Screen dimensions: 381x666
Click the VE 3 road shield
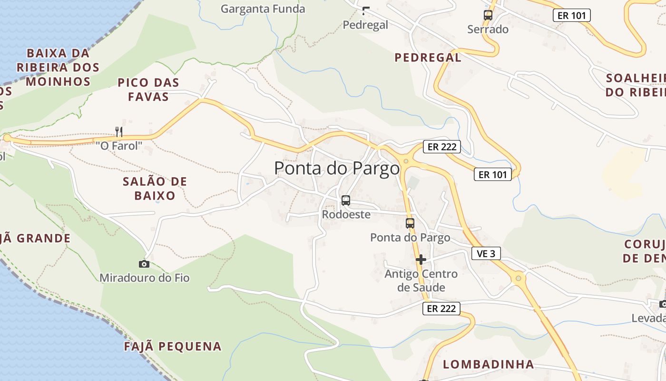pyautogui.click(x=486, y=254)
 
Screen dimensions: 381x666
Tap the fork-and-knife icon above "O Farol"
pyautogui.click(x=119, y=132)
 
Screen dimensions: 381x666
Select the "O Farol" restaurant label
pyautogui.click(x=119, y=145)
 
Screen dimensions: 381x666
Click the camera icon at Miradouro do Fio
pyautogui.click(x=144, y=264)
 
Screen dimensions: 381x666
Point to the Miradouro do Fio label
pyautogui.click(x=145, y=277)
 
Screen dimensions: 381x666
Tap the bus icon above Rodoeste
pyautogui.click(x=346, y=201)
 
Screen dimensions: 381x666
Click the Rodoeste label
pyautogui.click(x=346, y=214)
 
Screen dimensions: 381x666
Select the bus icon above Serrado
pyautogui.click(x=488, y=15)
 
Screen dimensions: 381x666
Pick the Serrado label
pyautogui.click(x=488, y=29)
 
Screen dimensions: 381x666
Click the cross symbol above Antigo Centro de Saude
pyautogui.click(x=421, y=260)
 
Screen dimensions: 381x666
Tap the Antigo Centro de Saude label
pyautogui.click(x=421, y=281)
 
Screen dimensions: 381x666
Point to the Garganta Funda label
pyautogui.click(x=263, y=9)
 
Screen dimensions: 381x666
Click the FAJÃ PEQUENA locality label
pyautogui.click(x=173, y=346)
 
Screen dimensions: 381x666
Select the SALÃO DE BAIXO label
pyautogui.click(x=155, y=189)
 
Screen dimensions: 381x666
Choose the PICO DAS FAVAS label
pyautogui.click(x=148, y=90)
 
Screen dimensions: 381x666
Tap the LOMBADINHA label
pyautogui.click(x=489, y=364)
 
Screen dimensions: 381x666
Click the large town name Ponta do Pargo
pyautogui.click(x=337, y=168)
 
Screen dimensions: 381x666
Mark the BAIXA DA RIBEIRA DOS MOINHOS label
pyautogui.click(x=58, y=67)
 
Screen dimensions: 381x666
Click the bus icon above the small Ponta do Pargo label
pyautogui.click(x=410, y=223)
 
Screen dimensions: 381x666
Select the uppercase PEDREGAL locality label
pyautogui.click(x=428, y=58)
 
